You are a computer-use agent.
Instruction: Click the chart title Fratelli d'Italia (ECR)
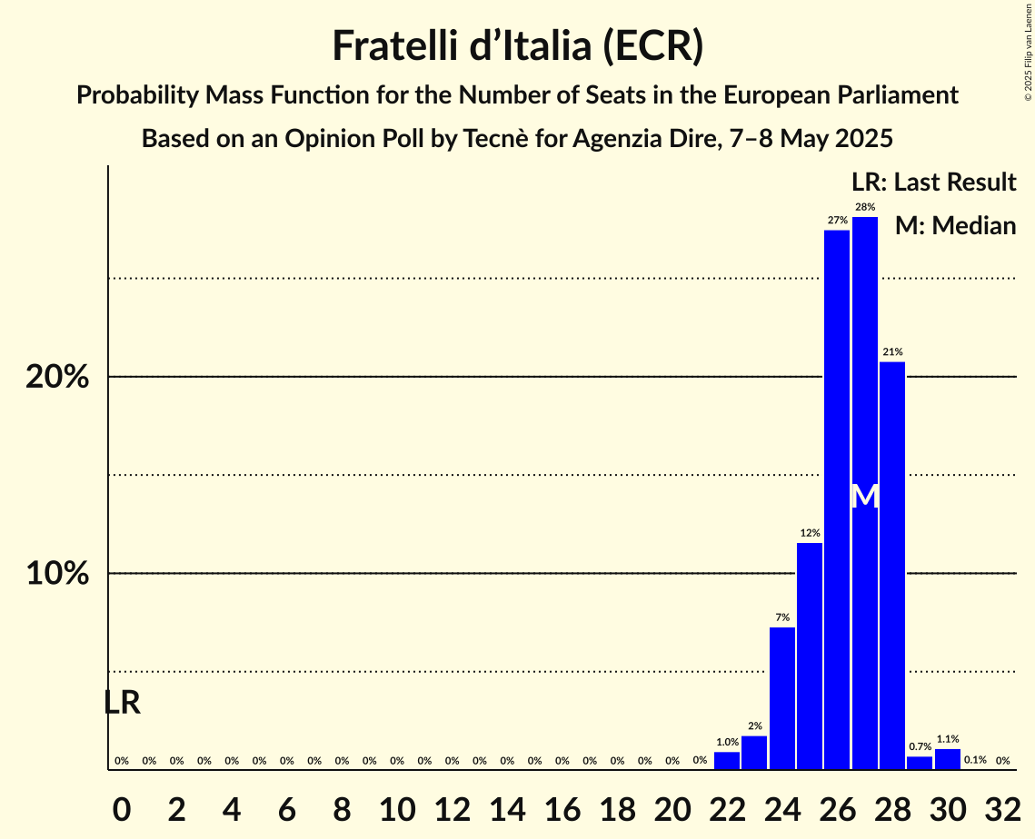517,46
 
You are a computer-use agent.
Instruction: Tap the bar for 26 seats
837,499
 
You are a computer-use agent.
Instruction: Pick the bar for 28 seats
892,563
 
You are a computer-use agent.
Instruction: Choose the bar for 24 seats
782,697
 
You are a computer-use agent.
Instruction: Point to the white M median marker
865,496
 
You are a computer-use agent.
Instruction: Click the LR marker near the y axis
122,702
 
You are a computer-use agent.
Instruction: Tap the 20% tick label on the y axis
57,377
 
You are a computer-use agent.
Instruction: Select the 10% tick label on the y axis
57,574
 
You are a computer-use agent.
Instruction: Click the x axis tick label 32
1003,806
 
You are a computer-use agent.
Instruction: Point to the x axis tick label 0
122,806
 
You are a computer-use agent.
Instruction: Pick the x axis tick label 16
562,806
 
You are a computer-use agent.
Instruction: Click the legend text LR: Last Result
933,183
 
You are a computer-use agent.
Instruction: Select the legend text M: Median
955,225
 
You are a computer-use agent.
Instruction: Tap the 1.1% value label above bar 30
948,739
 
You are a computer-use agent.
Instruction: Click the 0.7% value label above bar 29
920,746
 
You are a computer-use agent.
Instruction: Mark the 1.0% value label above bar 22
727,742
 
